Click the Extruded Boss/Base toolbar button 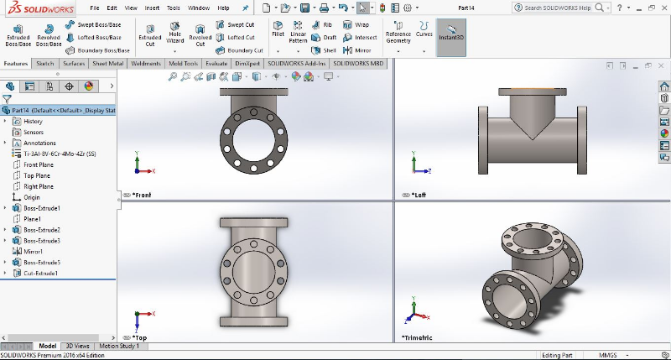[x=18, y=34]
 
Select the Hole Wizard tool [x=174, y=34]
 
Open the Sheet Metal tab [x=108, y=63]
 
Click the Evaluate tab [x=216, y=63]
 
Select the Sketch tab [x=45, y=63]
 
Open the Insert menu [x=152, y=8]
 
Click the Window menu [x=199, y=8]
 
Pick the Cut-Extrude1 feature [x=40, y=273]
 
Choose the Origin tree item [x=32, y=197]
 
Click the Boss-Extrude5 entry [x=41, y=262]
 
